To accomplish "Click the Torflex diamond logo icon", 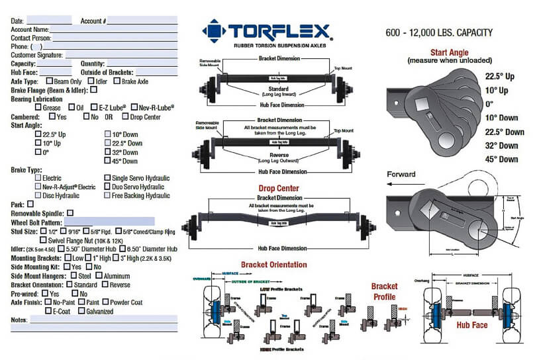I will click(214, 30).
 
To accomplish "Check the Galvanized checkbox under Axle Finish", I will click(81, 311).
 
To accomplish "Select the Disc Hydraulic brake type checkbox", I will click(38, 195).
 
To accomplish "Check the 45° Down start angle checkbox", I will click(108, 161).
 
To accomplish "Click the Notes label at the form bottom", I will click(19, 320).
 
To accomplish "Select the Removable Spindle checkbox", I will click(70, 213).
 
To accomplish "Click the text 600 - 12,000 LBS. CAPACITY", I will click(438, 32).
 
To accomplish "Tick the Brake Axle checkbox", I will click(117, 81).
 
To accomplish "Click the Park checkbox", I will click(30, 204).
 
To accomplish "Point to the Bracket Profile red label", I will click(384, 291).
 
